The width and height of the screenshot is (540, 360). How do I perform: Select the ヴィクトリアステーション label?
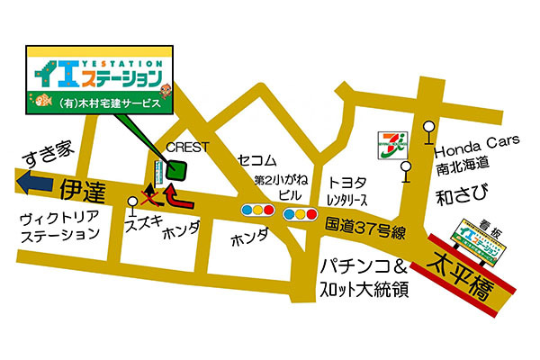60,226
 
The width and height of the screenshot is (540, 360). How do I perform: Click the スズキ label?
143,222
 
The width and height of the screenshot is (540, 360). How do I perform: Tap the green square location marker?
176,170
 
